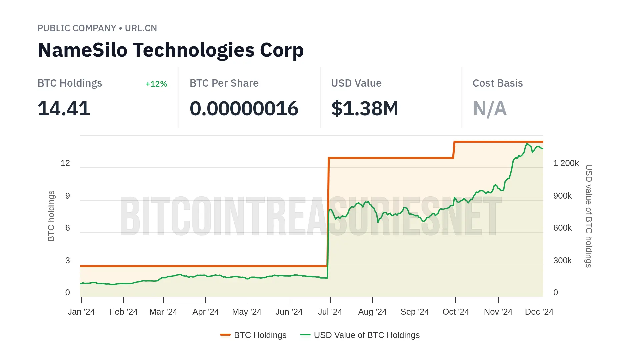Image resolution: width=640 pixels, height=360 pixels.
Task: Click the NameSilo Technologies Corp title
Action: [x=171, y=50]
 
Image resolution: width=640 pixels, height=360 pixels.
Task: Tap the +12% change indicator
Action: [x=156, y=84]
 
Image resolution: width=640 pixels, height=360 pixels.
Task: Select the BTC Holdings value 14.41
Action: [x=64, y=109]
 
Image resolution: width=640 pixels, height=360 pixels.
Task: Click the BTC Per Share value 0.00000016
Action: [x=244, y=109]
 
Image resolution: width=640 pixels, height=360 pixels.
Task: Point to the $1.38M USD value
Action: [x=365, y=109]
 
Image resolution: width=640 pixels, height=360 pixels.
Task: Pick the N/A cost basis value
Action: [x=490, y=109]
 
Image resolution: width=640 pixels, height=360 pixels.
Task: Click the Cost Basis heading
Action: [x=498, y=83]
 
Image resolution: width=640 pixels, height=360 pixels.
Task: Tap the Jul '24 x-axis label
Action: [x=330, y=312]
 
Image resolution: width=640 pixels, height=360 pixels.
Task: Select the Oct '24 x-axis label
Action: [x=456, y=312]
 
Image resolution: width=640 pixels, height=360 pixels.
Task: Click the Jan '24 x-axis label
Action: [x=81, y=312]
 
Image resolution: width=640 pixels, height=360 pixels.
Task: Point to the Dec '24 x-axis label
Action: [x=539, y=312]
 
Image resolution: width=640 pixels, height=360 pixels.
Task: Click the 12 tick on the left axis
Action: [x=65, y=163]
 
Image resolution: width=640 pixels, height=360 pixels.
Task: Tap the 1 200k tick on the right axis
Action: [x=566, y=163]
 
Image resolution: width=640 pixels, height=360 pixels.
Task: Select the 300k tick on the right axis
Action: [x=562, y=261]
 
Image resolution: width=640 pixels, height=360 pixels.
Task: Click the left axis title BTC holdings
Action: [x=51, y=216]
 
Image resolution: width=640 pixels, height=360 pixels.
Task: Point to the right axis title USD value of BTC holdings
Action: [x=589, y=216]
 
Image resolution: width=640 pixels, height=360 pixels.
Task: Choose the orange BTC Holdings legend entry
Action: [x=253, y=335]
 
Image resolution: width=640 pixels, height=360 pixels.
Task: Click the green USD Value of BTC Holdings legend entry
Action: [x=360, y=335]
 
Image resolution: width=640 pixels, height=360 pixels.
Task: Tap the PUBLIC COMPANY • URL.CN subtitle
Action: [x=97, y=28]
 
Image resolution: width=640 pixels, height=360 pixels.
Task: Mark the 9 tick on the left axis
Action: [x=68, y=196]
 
